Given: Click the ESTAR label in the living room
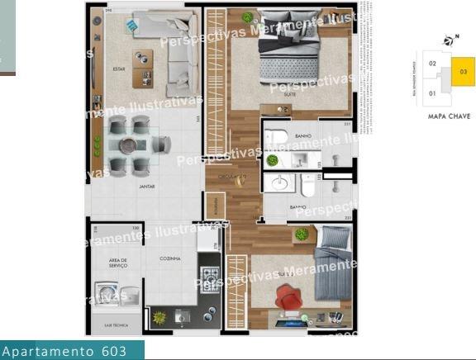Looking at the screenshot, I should coord(120,69).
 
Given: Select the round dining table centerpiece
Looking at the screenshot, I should coord(128,145).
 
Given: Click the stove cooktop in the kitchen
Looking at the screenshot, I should coord(208,276).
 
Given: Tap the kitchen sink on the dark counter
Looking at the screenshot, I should coord(182,315).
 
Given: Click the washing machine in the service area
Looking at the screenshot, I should coord(108,291).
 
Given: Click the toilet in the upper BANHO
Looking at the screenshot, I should coord(278,137).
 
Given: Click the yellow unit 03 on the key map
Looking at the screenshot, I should coord(462,71).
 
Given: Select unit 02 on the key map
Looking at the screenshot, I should coord(433,64).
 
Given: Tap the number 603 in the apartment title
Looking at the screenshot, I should coord(114,352).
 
